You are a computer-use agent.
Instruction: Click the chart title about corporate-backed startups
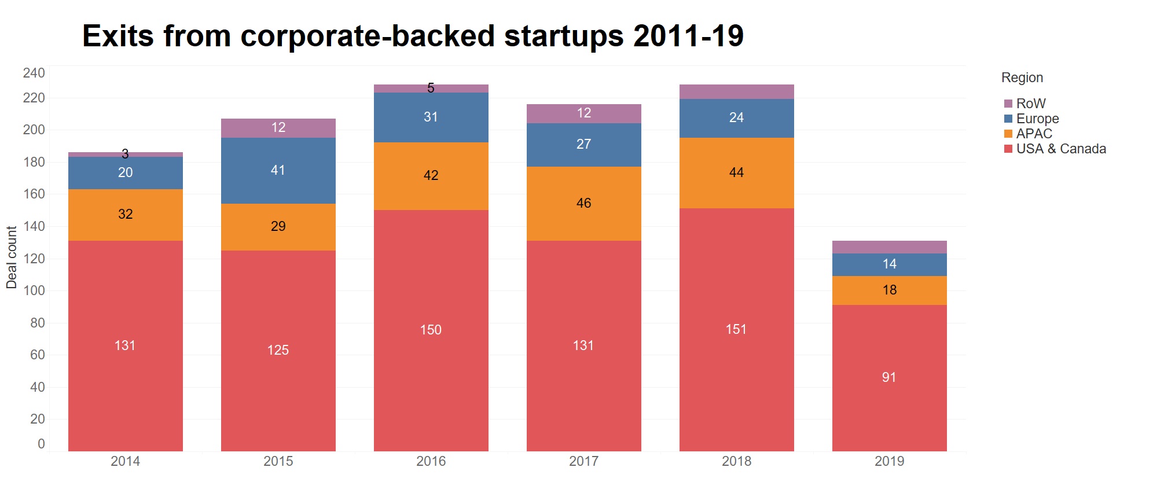(413, 36)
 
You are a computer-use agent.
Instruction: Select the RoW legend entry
(1030, 104)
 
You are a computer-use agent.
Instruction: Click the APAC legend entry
(1034, 134)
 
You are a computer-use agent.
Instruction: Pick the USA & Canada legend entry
(1060, 149)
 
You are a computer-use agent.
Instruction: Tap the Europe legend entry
(1037, 119)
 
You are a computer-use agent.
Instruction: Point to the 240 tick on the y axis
(34, 73)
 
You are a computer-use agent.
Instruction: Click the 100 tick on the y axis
(34, 290)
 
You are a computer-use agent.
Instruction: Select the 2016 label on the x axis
(431, 461)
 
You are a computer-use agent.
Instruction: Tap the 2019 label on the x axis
(889, 461)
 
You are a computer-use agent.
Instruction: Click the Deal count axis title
(12, 257)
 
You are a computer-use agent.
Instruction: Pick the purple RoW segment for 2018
(736, 91)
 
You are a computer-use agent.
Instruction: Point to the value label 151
(736, 329)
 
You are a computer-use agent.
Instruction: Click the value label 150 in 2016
(431, 330)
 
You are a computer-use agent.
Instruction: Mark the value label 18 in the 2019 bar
(890, 290)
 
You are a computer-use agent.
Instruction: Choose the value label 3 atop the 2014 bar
(125, 154)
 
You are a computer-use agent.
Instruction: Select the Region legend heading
(1022, 78)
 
